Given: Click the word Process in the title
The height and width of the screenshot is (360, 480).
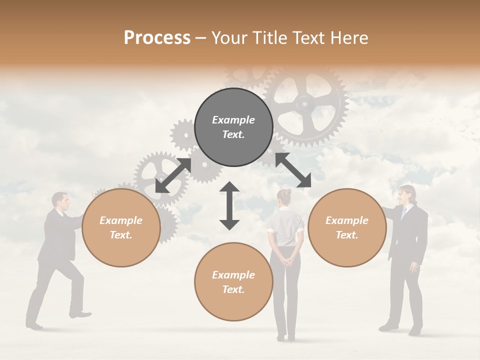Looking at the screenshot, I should pos(157,37).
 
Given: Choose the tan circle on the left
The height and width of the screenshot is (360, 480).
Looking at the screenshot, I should pos(121,228).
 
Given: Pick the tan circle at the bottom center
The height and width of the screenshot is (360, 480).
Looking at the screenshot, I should pos(233,281).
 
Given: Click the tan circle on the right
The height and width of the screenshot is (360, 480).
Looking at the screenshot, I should pos(347,228).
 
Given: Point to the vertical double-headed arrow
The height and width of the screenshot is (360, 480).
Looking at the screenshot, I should pos(229,205).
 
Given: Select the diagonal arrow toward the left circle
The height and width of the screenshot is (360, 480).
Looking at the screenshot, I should pos(173,175).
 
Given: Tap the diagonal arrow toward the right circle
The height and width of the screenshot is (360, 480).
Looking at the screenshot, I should pos(293,170).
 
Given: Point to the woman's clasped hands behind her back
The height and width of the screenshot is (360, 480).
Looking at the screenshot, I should pos(285,259).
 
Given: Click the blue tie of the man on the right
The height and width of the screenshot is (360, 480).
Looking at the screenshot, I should pos(403,213).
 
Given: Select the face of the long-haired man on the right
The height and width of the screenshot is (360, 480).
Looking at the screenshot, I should pos(406,195).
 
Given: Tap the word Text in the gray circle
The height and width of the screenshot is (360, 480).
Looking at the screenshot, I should pos(233,134).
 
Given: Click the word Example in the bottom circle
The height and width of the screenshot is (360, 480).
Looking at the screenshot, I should pos(233,274).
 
